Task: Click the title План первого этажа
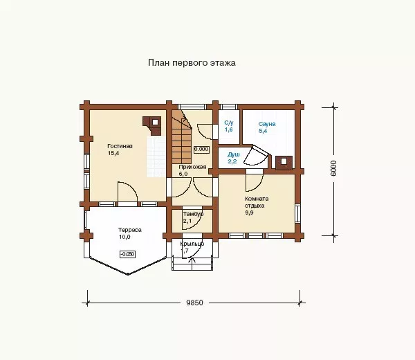click(192, 63)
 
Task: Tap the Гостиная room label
click(120, 146)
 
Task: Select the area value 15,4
click(113, 153)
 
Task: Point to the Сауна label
click(267, 124)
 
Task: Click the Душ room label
click(234, 154)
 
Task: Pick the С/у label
click(229, 123)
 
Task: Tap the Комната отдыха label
click(257, 202)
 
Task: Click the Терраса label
click(130, 230)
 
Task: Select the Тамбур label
click(193, 214)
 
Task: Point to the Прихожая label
click(192, 167)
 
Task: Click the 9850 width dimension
click(194, 303)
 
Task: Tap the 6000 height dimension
click(334, 168)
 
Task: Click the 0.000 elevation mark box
click(201, 149)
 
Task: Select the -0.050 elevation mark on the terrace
click(128, 254)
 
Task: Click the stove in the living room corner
click(152, 125)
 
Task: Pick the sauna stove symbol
click(284, 163)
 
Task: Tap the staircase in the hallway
click(181, 137)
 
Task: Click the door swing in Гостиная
click(127, 192)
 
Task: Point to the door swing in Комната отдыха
click(255, 183)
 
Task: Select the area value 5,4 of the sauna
click(263, 131)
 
